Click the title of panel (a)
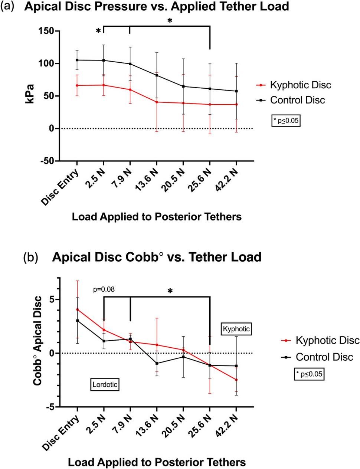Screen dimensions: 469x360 click(x=156, y=7)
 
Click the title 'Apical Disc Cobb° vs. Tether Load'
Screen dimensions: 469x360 click(x=157, y=257)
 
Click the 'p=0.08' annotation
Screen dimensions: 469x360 click(x=104, y=289)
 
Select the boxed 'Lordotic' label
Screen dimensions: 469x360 click(x=105, y=384)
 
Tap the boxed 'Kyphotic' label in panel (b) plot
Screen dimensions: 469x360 click(x=236, y=329)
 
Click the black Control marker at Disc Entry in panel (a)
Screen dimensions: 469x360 click(x=77, y=60)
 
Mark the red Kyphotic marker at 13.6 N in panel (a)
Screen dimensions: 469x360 click(x=157, y=102)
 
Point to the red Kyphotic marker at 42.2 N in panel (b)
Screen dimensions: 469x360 click(x=236, y=380)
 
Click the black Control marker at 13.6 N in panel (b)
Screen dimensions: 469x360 click(x=157, y=363)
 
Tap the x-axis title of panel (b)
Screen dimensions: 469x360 click(x=157, y=462)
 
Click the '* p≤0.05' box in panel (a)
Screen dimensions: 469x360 click(x=286, y=121)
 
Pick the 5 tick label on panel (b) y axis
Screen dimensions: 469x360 click(x=52, y=299)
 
